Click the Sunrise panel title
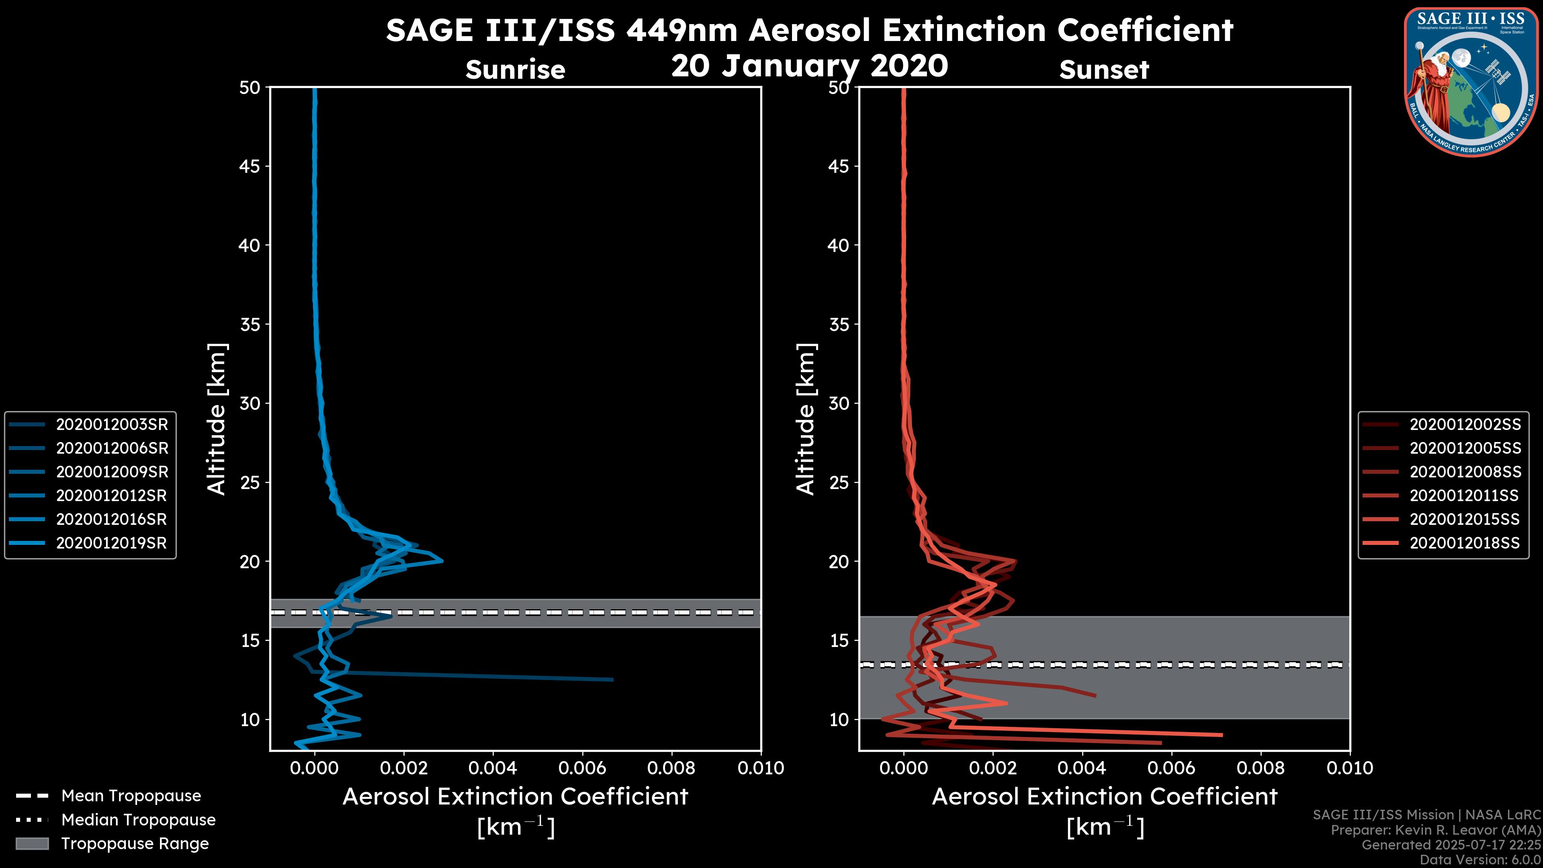point(515,70)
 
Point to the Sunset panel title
point(1104,70)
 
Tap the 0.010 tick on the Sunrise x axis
point(760,768)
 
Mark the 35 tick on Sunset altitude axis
point(839,324)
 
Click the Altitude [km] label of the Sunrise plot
point(217,419)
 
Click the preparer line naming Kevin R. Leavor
point(1435,830)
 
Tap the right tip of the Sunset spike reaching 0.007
point(1222,735)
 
